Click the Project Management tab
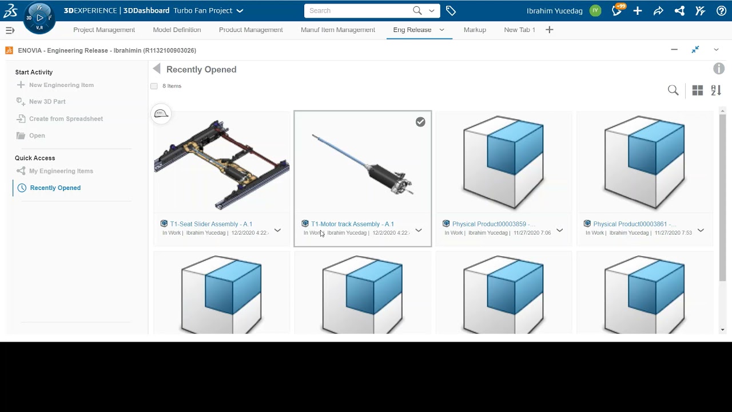click(x=104, y=30)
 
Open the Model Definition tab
click(x=177, y=30)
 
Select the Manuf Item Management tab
click(x=338, y=30)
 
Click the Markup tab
click(x=475, y=30)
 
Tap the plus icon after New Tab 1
click(x=550, y=30)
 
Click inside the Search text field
click(x=357, y=10)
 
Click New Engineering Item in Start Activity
click(x=61, y=85)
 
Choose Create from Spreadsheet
click(x=66, y=119)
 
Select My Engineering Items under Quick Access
click(x=61, y=171)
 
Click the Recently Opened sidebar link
click(x=55, y=188)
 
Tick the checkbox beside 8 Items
click(x=154, y=86)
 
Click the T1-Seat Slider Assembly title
click(x=211, y=224)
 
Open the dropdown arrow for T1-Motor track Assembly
click(x=419, y=230)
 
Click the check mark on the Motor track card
click(x=420, y=122)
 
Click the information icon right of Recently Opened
click(x=719, y=69)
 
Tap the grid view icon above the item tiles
click(x=697, y=90)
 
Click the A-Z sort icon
click(x=716, y=90)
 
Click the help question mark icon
click(x=721, y=10)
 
